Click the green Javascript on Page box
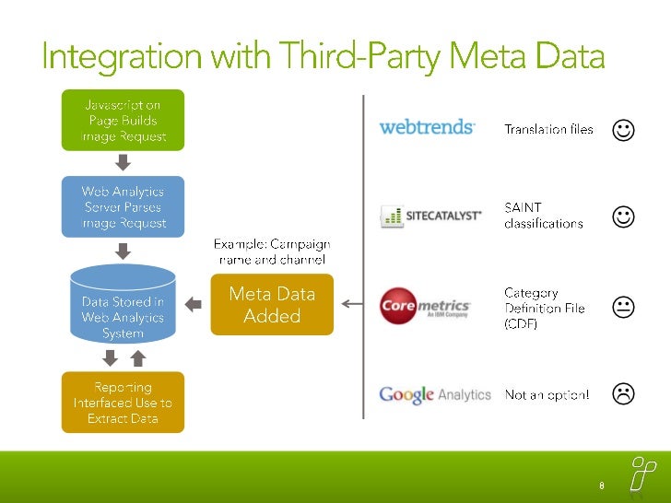(123, 120)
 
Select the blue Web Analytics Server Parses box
(123, 207)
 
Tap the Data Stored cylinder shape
(123, 303)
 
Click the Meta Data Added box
(272, 304)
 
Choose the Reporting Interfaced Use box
(123, 403)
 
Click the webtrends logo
(427, 127)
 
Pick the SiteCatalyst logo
(431, 216)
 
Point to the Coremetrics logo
(426, 306)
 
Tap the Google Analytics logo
(435, 394)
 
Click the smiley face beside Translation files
(623, 131)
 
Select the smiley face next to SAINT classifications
(623, 216)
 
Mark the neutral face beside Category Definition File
(623, 308)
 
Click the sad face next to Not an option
(623, 394)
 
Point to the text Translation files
(548, 130)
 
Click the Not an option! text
(547, 395)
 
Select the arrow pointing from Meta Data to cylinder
(194, 303)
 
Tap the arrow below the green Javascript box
(124, 163)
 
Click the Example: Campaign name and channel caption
(272, 251)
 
